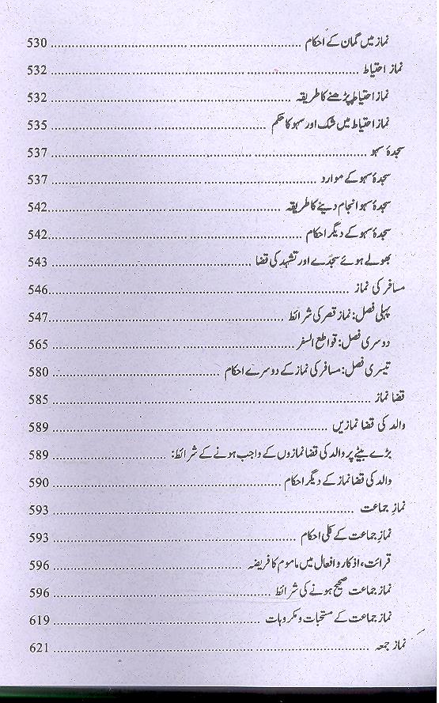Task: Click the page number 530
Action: (x=36, y=44)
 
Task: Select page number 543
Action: (x=37, y=261)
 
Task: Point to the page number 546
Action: (x=37, y=289)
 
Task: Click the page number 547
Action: (x=37, y=316)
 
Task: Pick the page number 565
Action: (x=37, y=344)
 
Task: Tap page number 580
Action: (x=37, y=372)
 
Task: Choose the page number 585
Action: (x=37, y=399)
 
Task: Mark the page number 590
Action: (x=37, y=482)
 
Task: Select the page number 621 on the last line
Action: (x=37, y=648)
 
